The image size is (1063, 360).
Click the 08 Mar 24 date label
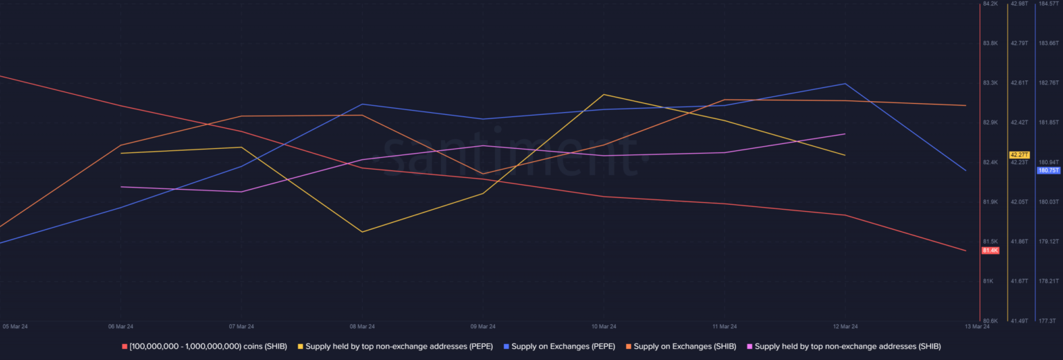click(x=362, y=326)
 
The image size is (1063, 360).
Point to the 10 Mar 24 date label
click(x=603, y=326)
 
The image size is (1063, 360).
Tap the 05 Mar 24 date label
click(x=15, y=326)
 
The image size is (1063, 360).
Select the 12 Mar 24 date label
click(x=845, y=326)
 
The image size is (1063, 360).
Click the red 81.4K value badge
click(x=990, y=250)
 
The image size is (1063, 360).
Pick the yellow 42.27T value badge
click(x=1019, y=154)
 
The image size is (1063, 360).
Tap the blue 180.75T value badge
click(x=1048, y=170)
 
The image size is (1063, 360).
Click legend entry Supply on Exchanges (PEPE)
click(x=559, y=346)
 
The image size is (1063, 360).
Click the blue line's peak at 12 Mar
click(x=845, y=84)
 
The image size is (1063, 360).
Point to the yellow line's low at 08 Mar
click(x=362, y=232)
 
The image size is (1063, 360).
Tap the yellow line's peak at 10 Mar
click(x=603, y=94)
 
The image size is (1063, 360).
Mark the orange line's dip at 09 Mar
click(x=483, y=174)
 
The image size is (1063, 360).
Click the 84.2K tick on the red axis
click(x=990, y=4)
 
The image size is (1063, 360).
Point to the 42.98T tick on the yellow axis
click(x=1019, y=4)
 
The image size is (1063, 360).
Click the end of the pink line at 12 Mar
click(x=845, y=134)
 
